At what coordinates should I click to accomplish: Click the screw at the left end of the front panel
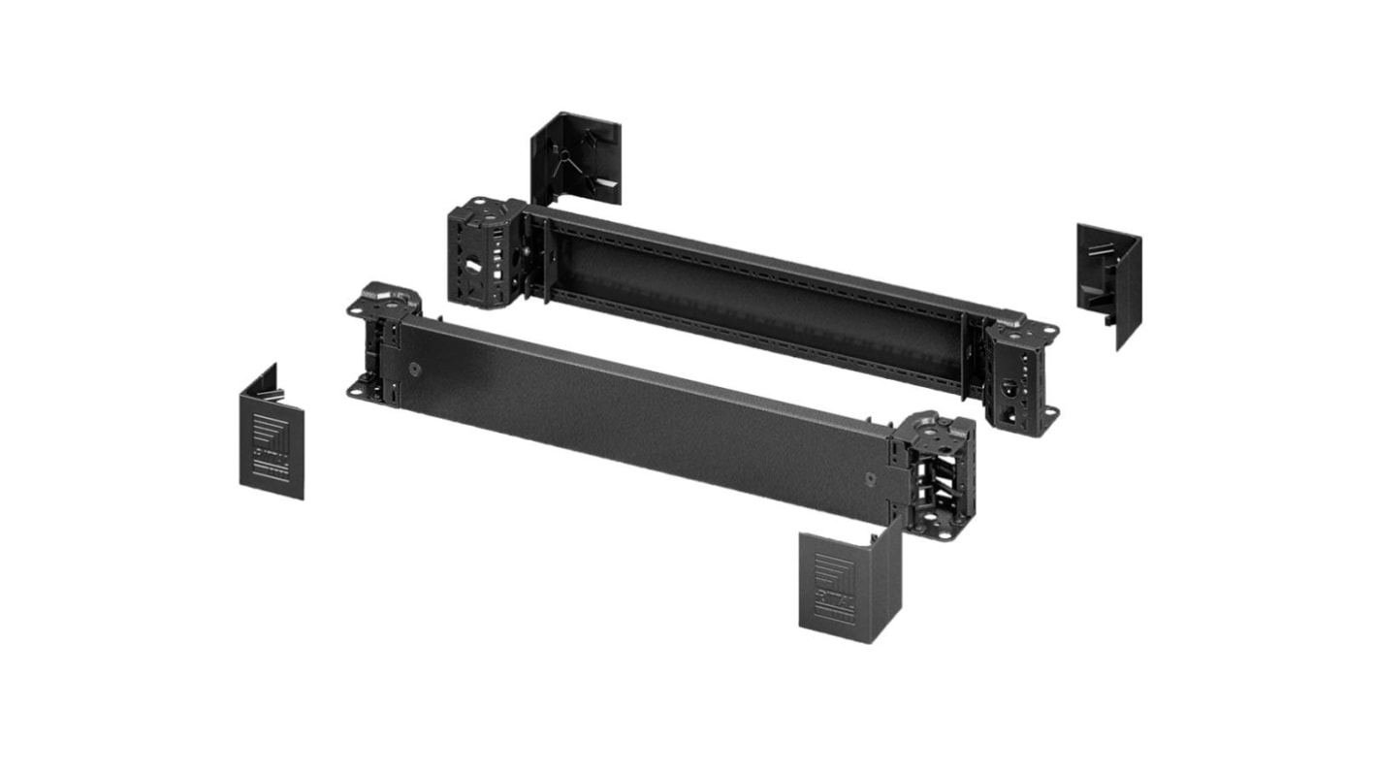(414, 370)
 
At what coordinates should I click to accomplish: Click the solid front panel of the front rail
(640, 417)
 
